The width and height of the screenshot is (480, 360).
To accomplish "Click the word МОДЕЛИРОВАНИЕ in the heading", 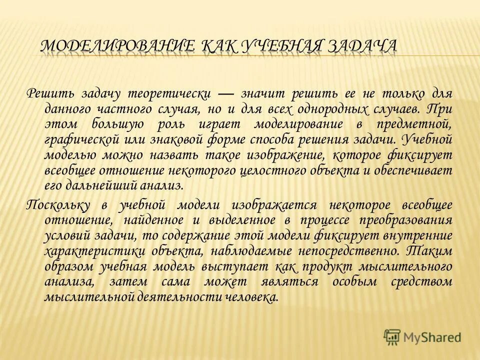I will pyautogui.click(x=117, y=46).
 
